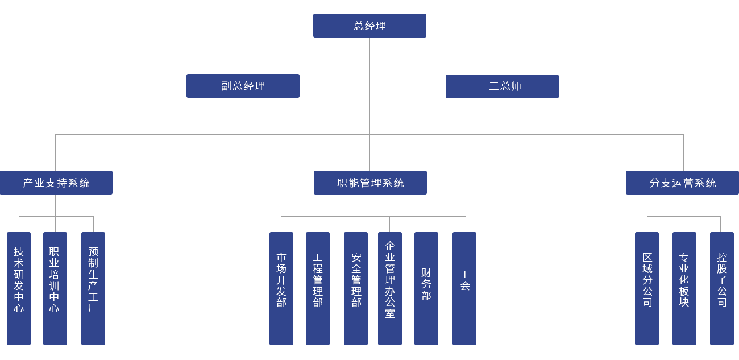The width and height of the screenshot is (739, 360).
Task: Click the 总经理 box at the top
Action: (x=369, y=26)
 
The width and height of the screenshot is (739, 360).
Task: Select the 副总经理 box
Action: (x=243, y=86)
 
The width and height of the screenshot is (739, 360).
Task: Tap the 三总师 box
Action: (x=502, y=86)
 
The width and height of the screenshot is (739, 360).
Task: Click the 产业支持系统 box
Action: (x=56, y=183)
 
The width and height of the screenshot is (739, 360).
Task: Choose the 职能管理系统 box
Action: (x=370, y=183)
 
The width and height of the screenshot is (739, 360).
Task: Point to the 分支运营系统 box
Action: (x=682, y=183)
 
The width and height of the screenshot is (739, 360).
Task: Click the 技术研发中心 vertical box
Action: (x=19, y=288)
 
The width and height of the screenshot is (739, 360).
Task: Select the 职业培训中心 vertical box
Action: (x=55, y=288)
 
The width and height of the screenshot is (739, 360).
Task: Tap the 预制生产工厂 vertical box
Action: (x=93, y=288)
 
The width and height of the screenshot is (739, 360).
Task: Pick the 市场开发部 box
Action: (x=281, y=288)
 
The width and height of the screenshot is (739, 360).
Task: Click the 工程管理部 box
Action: (x=317, y=288)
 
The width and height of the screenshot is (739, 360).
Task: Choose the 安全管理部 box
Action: (x=355, y=288)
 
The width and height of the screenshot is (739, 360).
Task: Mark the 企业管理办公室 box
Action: (x=389, y=288)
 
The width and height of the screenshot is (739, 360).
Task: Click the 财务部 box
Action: (x=426, y=288)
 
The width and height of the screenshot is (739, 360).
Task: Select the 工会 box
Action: (x=464, y=288)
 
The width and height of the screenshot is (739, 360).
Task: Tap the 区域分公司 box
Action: (x=646, y=288)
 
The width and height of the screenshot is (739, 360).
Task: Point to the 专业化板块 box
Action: (x=684, y=288)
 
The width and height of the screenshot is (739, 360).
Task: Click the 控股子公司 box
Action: (x=721, y=288)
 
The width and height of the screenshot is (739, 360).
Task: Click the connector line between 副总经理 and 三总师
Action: (x=335, y=86)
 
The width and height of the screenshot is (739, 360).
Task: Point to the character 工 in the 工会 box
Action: (x=464, y=274)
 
